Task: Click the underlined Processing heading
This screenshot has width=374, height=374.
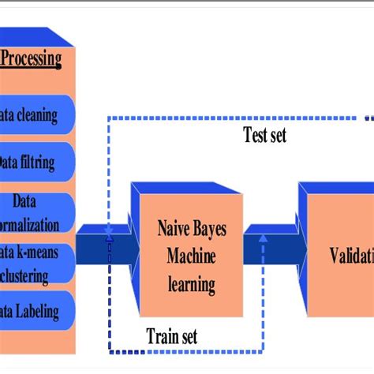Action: (32, 59)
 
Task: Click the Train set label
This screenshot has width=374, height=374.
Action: (171, 336)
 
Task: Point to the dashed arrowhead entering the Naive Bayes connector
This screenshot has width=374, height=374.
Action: (109, 237)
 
